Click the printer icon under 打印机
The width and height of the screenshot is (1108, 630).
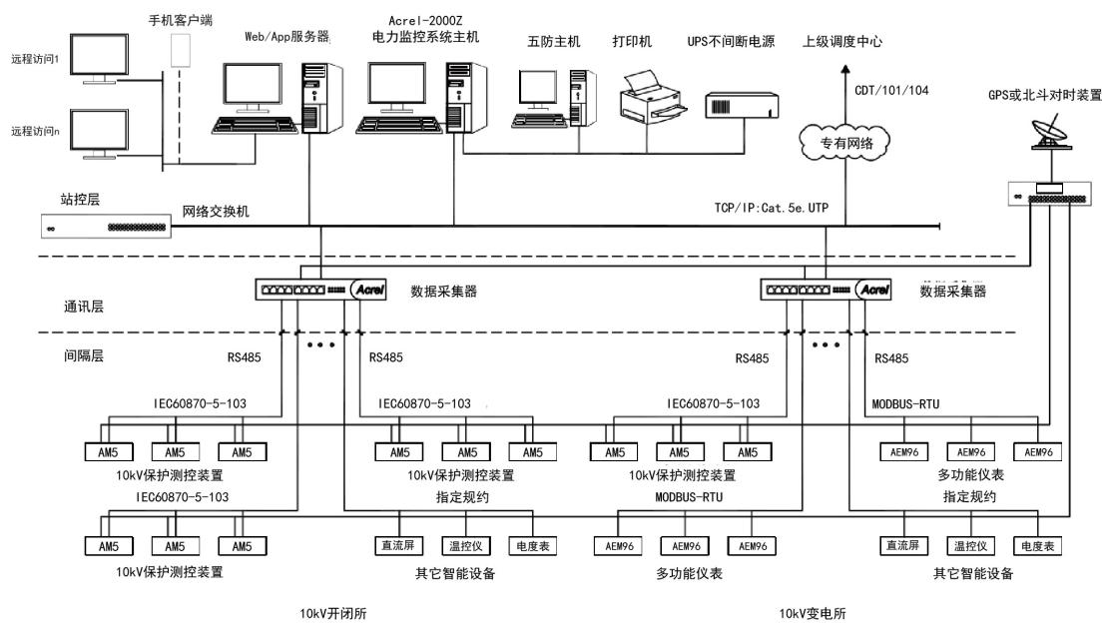(649, 95)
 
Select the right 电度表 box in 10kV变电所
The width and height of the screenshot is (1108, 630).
(1038, 546)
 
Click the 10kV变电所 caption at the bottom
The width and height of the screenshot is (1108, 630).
(815, 614)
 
